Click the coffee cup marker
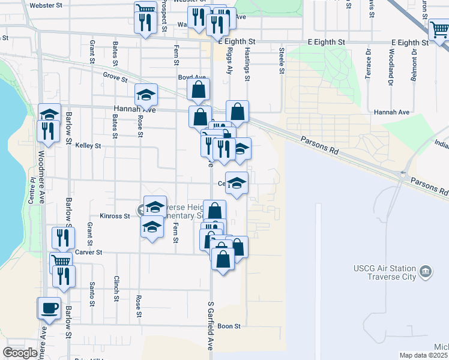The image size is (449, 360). pos(50,309)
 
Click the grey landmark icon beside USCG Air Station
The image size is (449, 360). pos(426,271)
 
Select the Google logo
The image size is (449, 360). pos(20,353)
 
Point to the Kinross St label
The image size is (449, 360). pos(115,216)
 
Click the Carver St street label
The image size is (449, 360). pos(89,253)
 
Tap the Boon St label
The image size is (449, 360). pos(229,326)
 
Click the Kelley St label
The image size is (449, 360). pos(88,145)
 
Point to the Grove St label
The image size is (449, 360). pos(115,77)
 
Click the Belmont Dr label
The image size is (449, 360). pos(414,62)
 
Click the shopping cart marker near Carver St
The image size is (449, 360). pos(61,262)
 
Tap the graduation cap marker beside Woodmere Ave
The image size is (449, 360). pos(50,113)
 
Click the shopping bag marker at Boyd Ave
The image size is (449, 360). pos(198,91)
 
